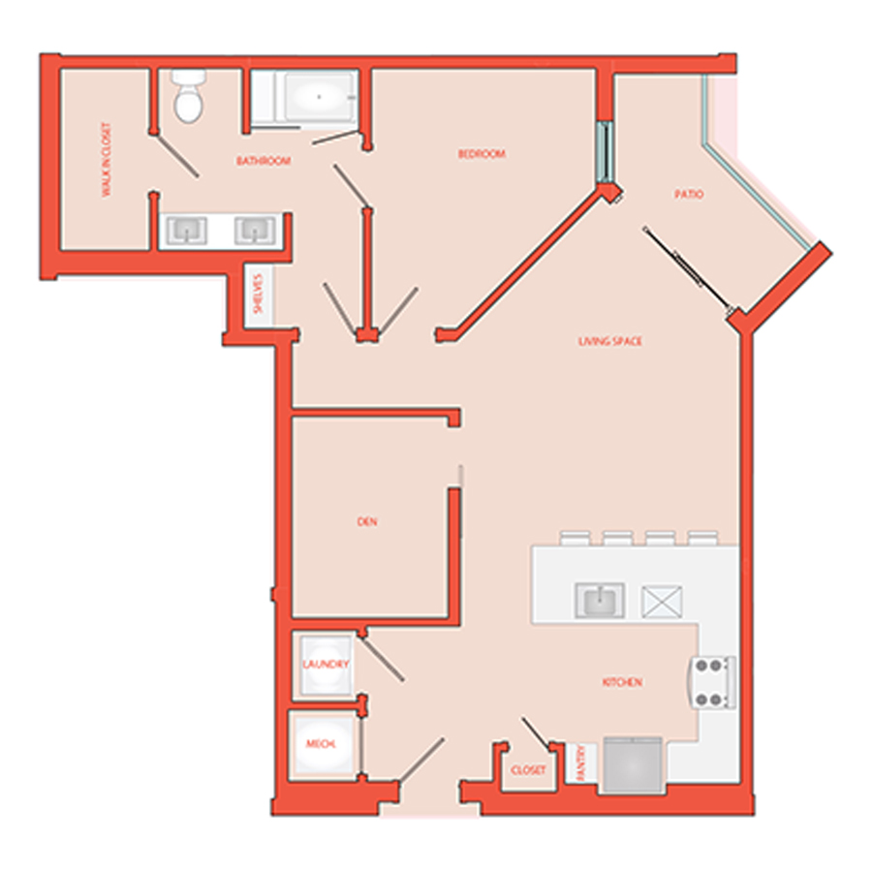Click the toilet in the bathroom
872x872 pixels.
189,96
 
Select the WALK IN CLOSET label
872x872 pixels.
106,160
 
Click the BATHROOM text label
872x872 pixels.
264,161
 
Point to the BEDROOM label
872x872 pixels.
482,153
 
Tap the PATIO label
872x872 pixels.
689,194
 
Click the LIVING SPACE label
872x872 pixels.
610,341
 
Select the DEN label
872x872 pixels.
367,521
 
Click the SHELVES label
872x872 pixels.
258,293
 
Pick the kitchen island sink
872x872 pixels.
600,600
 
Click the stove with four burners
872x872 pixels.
713,682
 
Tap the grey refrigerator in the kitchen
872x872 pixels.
634,764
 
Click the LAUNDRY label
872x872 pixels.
326,664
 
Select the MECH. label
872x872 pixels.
321,743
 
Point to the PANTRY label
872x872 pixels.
581,763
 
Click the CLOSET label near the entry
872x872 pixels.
528,770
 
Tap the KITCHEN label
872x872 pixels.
622,682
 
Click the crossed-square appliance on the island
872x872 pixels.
662,601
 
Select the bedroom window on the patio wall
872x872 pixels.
605,151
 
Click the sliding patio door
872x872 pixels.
688,268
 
